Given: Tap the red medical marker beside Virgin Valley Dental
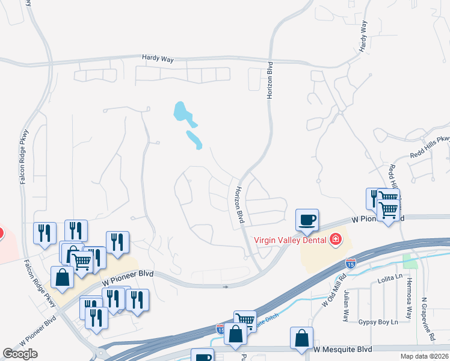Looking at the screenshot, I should (x=335, y=240).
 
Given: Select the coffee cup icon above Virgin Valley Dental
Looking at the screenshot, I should (x=307, y=220).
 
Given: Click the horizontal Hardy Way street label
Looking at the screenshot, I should (x=158, y=58).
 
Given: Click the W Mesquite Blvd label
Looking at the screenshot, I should (x=342, y=349).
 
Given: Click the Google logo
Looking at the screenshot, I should (x=20, y=354).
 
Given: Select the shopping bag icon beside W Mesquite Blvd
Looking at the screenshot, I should (x=301, y=338).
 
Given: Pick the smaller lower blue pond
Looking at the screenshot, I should (x=194, y=139).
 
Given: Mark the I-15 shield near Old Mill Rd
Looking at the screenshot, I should (x=351, y=263).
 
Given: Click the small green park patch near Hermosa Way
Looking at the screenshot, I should (x=411, y=261).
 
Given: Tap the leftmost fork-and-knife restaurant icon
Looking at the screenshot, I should (x=45, y=232).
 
